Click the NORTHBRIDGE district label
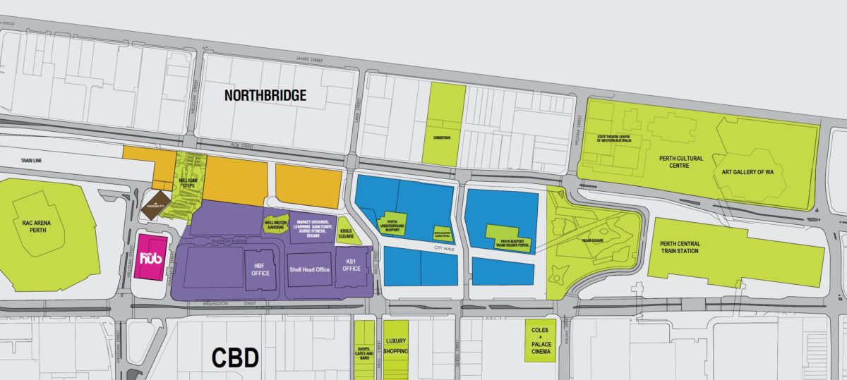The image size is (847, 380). click(265, 95)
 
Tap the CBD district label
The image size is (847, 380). click(236, 357)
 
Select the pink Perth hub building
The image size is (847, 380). click(151, 258)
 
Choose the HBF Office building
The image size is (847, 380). click(260, 269)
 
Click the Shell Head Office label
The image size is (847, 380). click(309, 269)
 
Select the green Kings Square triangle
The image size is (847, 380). click(347, 233)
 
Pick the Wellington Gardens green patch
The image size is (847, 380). click(275, 224)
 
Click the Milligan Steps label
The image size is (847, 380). click(188, 184)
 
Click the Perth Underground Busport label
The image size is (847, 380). click(394, 225)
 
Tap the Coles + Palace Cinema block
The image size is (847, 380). click(540, 341)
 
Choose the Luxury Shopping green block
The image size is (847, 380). click(395, 345)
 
